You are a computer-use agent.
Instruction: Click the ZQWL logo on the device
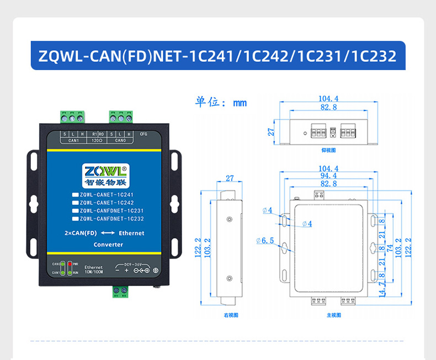click(104, 171)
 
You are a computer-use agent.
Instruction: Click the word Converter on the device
click(108, 245)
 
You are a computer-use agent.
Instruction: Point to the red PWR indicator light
click(70, 264)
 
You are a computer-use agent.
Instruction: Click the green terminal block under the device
click(120, 291)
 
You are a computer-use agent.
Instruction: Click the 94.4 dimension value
click(328, 176)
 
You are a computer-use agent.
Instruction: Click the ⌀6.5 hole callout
click(265, 240)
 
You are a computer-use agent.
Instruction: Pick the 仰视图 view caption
click(328, 150)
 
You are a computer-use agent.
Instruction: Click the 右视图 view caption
click(231, 315)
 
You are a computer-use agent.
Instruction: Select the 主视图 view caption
click(334, 315)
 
